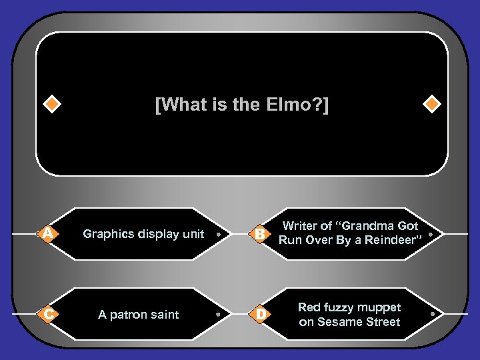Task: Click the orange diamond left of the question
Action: coord(51,105)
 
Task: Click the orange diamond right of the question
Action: coord(432,105)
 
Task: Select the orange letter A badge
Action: coord(47,233)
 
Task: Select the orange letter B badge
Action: coord(260,233)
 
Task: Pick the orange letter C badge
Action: coord(47,314)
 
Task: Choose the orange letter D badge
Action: coord(260,314)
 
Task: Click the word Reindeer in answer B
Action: coord(395,241)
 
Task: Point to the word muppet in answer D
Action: coord(377,307)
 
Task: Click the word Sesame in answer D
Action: coord(339,322)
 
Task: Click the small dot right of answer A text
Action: coord(219,234)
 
